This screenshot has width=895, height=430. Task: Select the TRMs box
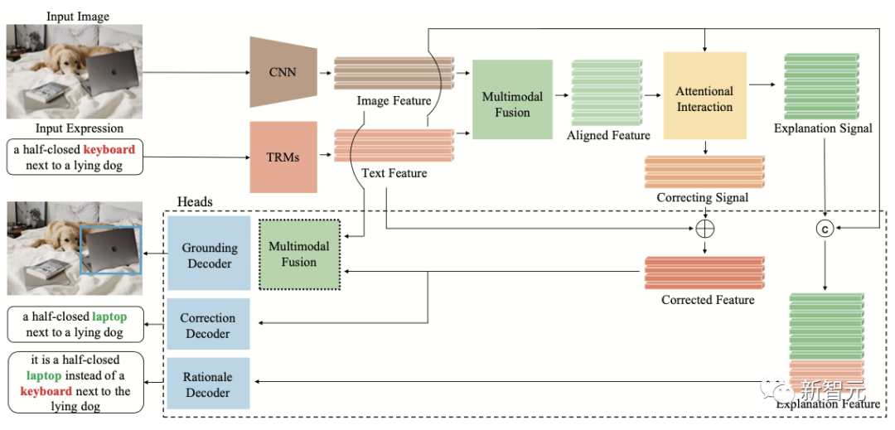click(283, 157)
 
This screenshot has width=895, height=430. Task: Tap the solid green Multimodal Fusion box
click(512, 99)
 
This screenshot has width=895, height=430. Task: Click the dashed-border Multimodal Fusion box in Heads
click(298, 254)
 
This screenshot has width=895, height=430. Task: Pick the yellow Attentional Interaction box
click(704, 99)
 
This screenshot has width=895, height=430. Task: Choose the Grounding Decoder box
click(209, 254)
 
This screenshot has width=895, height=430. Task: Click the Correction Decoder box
click(208, 326)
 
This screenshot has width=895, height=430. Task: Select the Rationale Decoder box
click(208, 384)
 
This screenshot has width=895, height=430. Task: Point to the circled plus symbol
click(705, 227)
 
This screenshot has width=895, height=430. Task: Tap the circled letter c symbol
click(825, 228)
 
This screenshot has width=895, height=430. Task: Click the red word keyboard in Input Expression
click(109, 150)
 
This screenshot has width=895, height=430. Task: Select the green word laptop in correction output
click(109, 316)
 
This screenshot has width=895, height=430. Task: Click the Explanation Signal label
click(823, 128)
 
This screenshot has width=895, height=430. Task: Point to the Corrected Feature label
click(708, 300)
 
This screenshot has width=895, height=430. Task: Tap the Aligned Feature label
click(608, 135)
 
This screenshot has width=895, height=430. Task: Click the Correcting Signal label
click(702, 198)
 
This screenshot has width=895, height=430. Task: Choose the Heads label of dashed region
click(195, 202)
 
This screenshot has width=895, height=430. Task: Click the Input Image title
click(77, 17)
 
